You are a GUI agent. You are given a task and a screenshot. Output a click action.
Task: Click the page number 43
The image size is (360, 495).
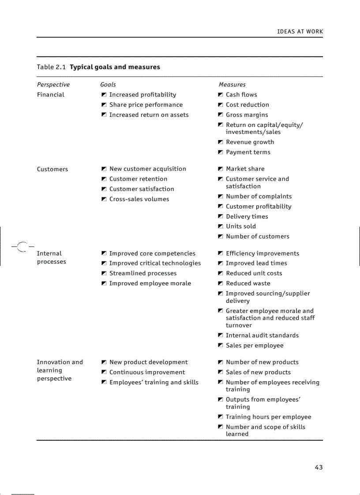(x=319, y=467)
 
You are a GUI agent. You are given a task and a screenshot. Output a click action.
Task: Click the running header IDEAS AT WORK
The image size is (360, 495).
(x=300, y=32)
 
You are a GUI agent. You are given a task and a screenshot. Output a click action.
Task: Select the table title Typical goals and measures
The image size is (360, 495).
(x=115, y=67)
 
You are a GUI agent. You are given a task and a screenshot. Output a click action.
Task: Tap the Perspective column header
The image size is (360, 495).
(x=53, y=85)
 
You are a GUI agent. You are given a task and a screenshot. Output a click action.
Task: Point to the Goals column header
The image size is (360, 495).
(x=108, y=85)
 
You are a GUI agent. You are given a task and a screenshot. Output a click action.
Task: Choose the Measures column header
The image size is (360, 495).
(x=232, y=85)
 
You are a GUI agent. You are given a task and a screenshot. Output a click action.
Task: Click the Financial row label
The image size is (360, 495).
(x=50, y=95)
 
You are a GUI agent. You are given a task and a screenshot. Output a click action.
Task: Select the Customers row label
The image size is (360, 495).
(x=52, y=169)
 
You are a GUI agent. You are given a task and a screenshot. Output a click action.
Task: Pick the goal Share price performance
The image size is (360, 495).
(x=146, y=105)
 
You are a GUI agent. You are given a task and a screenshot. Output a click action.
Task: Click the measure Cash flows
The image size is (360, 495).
(x=241, y=95)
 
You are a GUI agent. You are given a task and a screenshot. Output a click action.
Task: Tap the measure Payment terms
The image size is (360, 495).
(x=248, y=153)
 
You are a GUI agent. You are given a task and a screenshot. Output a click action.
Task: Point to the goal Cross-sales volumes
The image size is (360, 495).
(x=139, y=199)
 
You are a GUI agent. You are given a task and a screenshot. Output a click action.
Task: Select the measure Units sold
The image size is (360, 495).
(x=241, y=227)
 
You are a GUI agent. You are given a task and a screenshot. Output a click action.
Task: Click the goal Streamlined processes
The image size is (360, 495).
(x=143, y=273)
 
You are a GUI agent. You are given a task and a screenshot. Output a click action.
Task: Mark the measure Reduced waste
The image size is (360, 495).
(x=248, y=283)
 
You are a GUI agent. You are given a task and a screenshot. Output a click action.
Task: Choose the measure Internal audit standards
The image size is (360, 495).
(x=262, y=335)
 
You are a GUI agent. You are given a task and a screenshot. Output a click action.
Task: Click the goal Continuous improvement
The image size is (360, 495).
(x=147, y=372)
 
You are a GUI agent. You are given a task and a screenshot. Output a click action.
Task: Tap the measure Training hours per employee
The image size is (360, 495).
(x=268, y=417)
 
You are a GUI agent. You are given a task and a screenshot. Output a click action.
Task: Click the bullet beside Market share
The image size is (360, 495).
(x=220, y=169)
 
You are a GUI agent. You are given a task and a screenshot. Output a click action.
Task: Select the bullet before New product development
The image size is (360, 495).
(x=104, y=362)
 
